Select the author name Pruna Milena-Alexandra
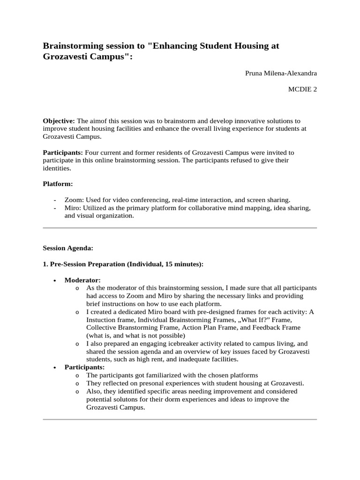(x=281, y=74)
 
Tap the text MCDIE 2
(x=302, y=90)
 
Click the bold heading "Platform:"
(x=58, y=184)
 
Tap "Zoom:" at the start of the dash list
(x=74, y=200)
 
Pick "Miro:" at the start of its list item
(x=73, y=208)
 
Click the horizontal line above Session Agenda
(x=180, y=228)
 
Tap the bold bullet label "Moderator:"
(x=82, y=280)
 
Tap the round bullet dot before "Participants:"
(x=55, y=367)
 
